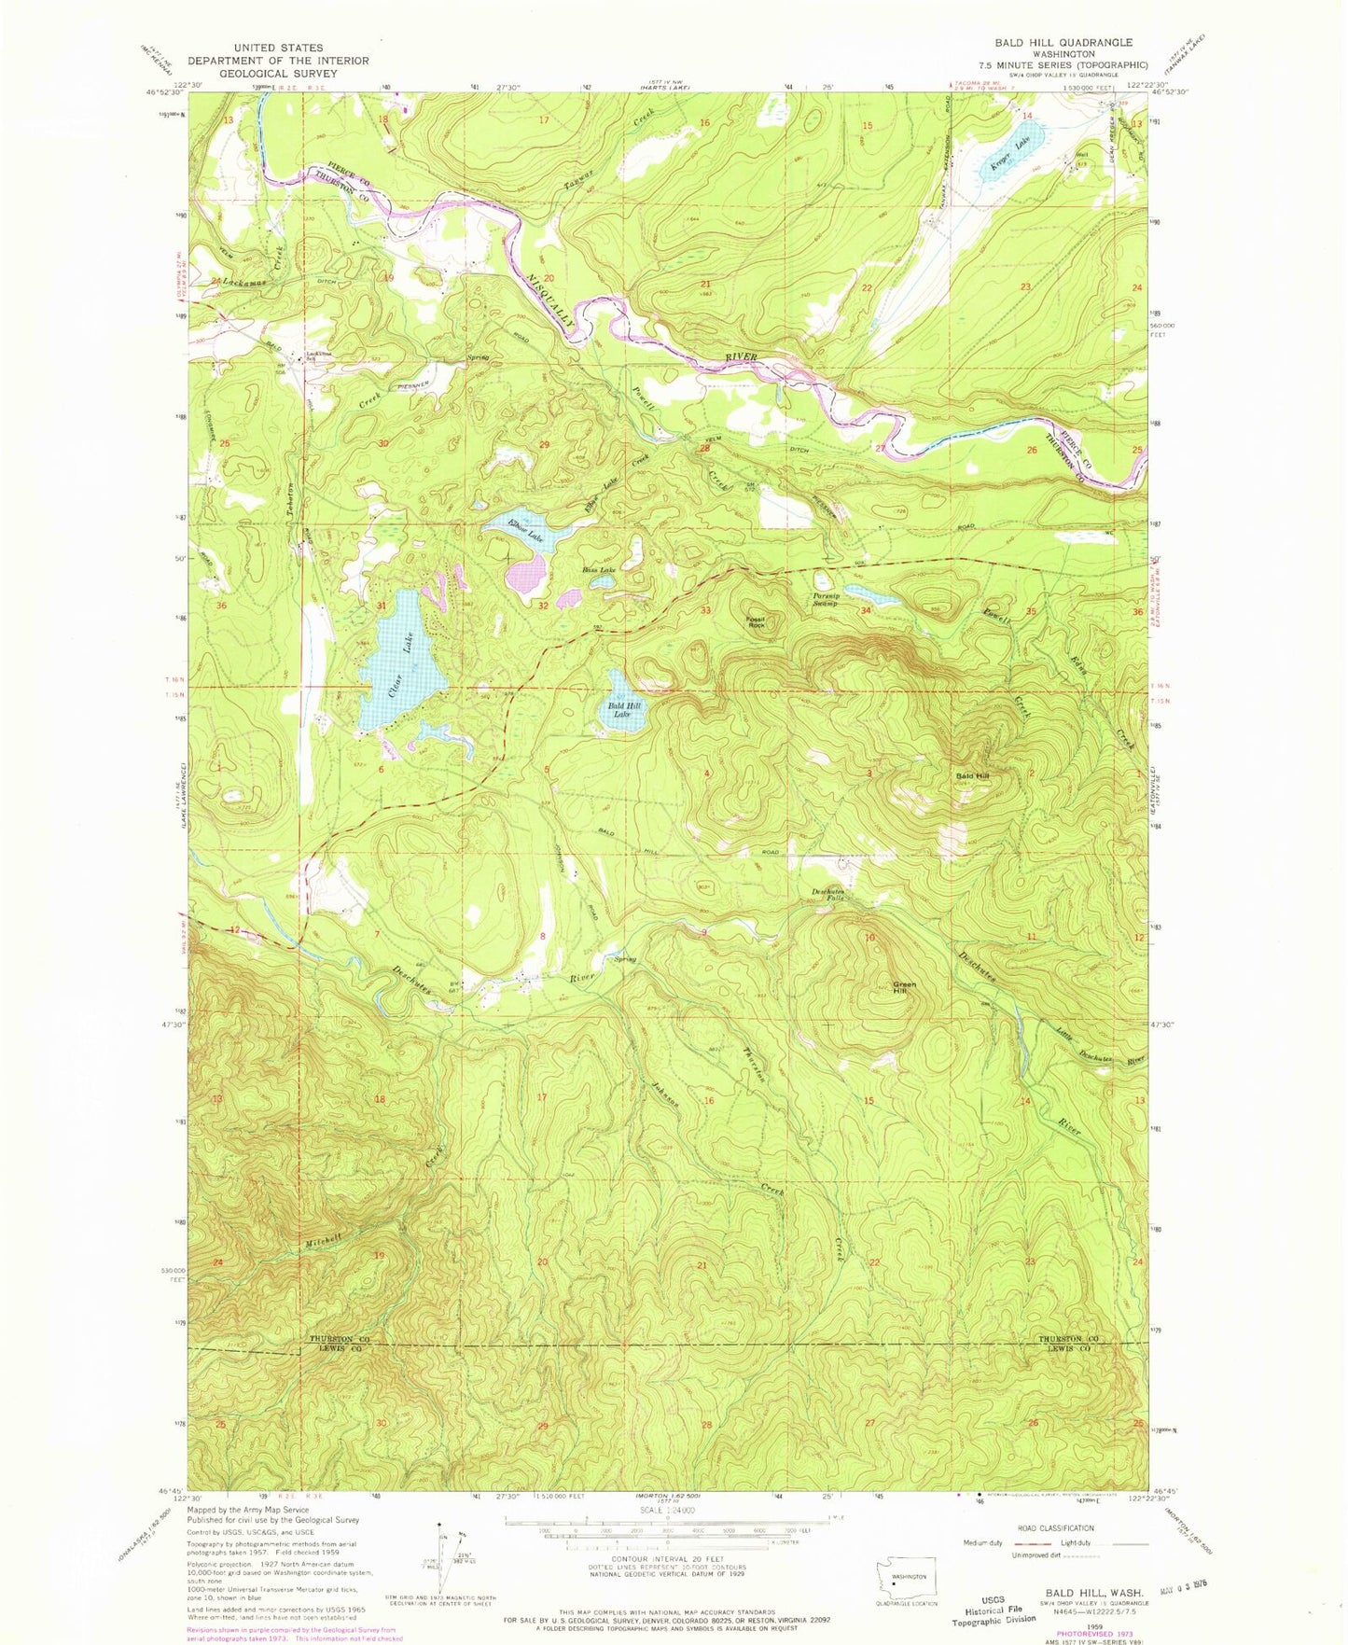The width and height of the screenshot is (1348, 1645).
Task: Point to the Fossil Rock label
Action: click(x=756, y=622)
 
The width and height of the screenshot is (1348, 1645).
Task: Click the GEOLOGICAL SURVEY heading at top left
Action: click(x=278, y=73)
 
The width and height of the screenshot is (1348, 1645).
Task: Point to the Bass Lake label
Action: click(x=599, y=569)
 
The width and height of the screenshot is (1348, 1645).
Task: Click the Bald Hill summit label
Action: click(x=971, y=776)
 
